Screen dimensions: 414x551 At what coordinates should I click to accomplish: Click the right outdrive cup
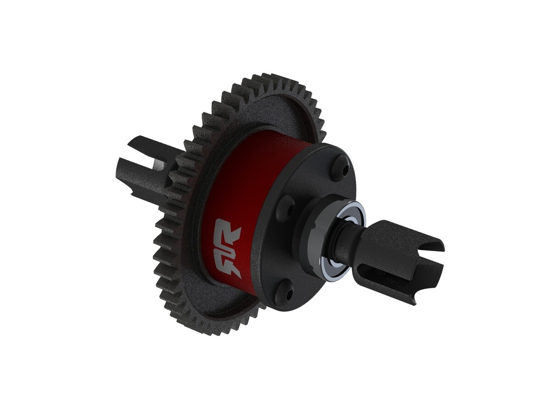(x=395, y=258)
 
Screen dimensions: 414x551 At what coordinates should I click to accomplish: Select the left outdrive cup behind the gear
(x=142, y=170)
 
